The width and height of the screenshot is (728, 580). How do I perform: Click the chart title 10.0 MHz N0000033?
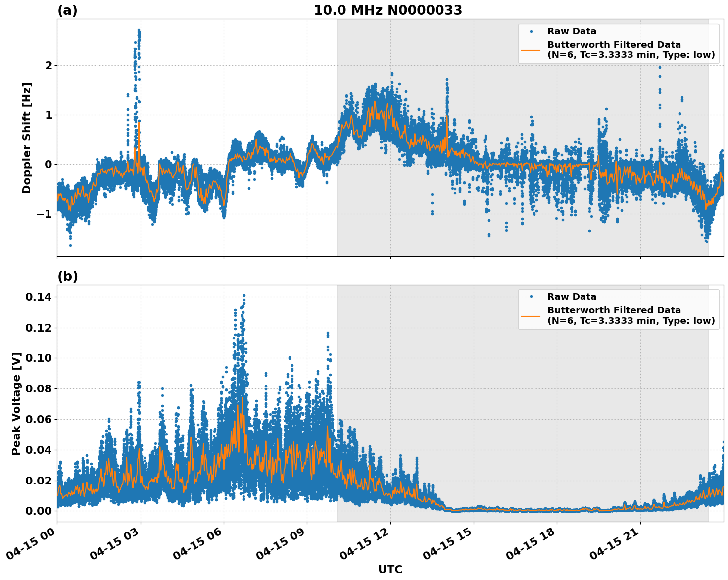pyautogui.click(x=388, y=10)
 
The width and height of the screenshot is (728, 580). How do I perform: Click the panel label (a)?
pyautogui.click(x=67, y=10)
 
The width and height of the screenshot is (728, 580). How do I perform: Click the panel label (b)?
pyautogui.click(x=67, y=276)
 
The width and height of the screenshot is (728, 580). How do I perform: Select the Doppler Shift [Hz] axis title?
pyautogui.click(x=27, y=138)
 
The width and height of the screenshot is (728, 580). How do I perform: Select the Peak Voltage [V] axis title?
pyautogui.click(x=16, y=403)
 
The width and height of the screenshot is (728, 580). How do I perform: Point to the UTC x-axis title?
pyautogui.click(x=390, y=569)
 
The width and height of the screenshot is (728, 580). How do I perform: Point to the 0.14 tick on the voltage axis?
pyautogui.click(x=42, y=297)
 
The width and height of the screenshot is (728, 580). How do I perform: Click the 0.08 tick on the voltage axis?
pyautogui.click(x=42, y=388)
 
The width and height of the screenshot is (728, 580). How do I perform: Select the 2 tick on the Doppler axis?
pyautogui.click(x=49, y=65)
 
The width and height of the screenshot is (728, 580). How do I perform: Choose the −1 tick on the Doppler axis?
pyautogui.click(x=45, y=214)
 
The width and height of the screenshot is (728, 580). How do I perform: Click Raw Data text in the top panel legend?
pyautogui.click(x=572, y=32)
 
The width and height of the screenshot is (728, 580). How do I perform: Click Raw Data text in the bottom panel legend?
pyautogui.click(x=572, y=297)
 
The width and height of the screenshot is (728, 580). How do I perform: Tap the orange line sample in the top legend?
pyautogui.click(x=531, y=50)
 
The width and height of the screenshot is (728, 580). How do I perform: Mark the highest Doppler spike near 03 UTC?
pyautogui.click(x=139, y=30)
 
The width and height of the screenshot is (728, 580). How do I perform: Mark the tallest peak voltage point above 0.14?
pyautogui.click(x=244, y=296)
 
